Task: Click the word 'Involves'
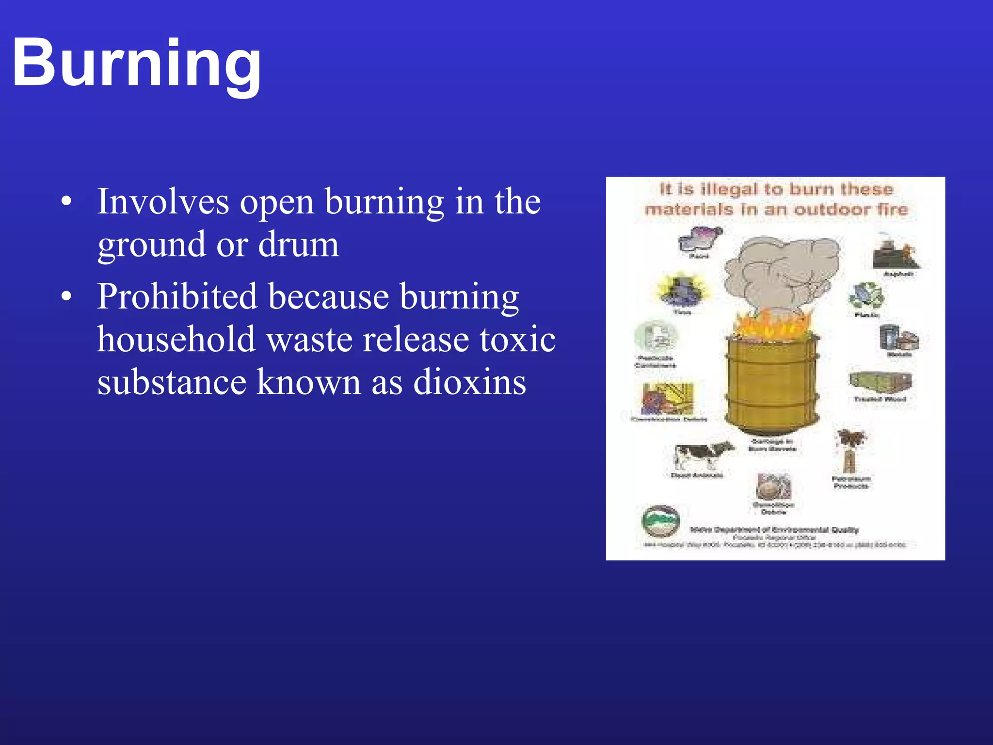click(163, 201)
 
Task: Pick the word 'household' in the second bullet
click(176, 339)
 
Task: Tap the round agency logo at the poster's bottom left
click(660, 522)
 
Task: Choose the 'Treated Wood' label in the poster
click(880, 399)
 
